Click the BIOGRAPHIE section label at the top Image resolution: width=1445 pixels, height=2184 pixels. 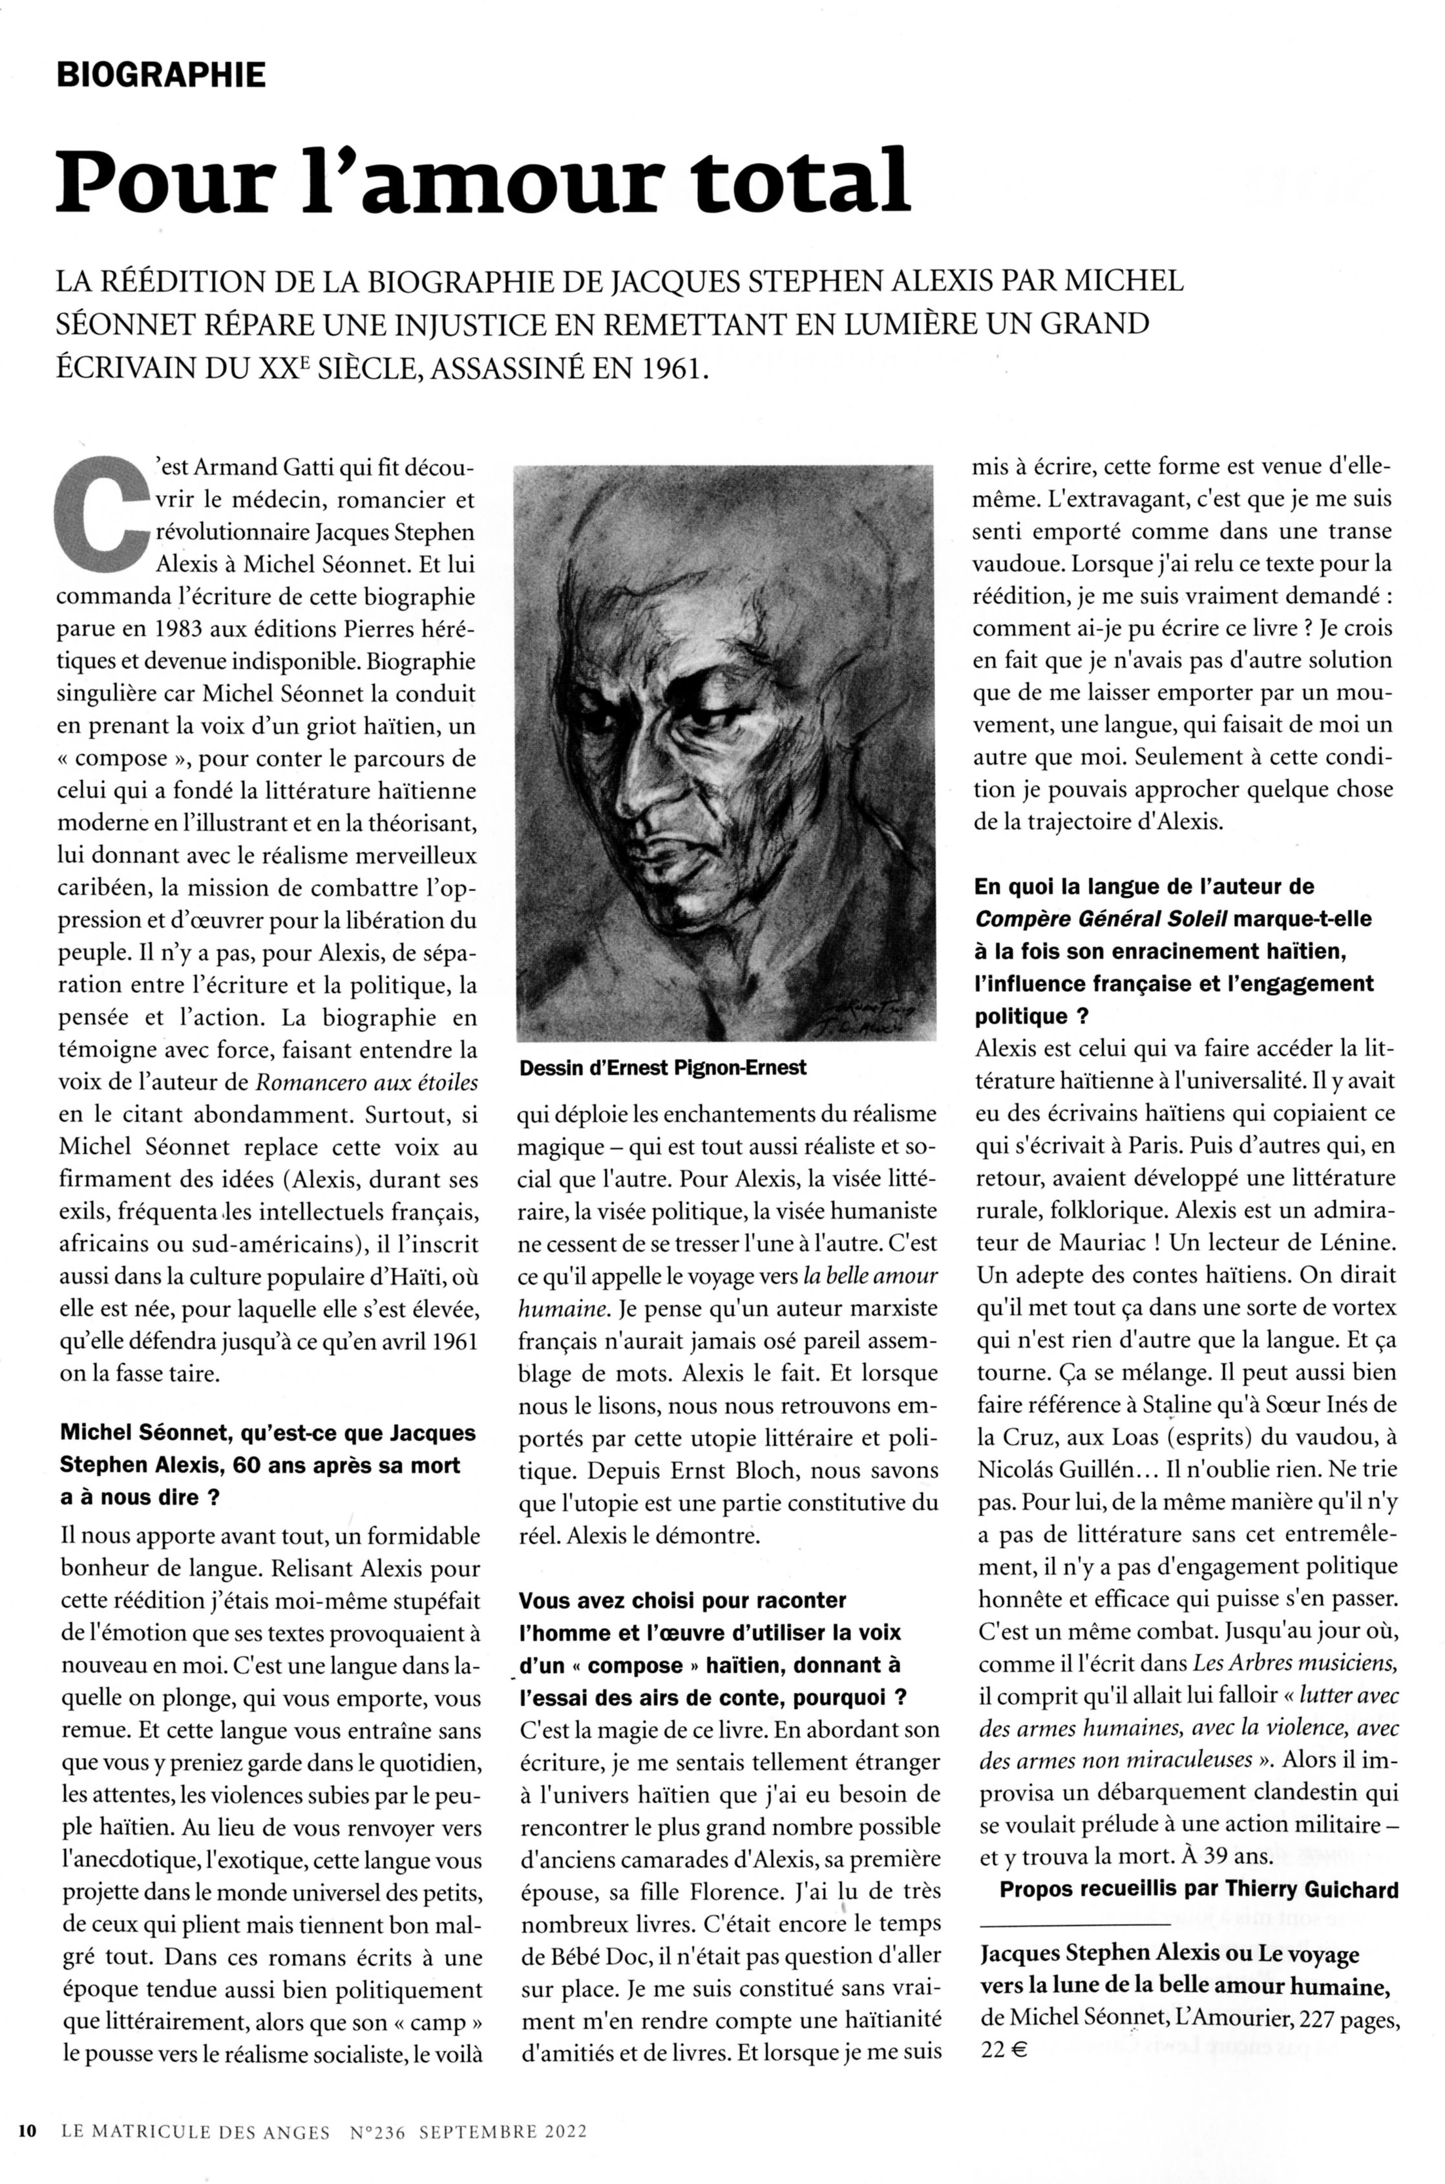162,74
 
